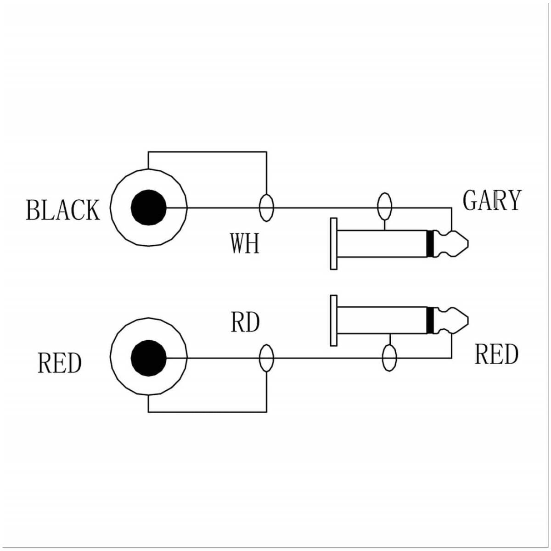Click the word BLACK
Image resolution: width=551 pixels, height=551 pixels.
coord(62,210)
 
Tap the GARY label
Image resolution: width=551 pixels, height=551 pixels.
coord(492,200)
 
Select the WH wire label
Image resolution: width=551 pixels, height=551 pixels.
coord(244,243)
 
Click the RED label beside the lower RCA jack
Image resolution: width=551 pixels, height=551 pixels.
coord(59,363)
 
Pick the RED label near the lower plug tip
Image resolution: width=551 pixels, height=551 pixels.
coord(496,354)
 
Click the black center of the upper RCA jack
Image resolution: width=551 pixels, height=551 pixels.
coord(148,208)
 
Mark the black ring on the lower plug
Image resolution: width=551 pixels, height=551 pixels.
coord(430,320)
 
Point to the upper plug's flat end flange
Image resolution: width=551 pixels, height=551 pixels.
coord(334,243)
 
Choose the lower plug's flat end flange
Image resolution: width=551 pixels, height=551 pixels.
coord(334,320)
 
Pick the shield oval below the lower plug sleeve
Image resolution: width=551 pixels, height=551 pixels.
coord(389,358)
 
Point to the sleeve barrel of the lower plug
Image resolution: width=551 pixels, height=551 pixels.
coord(381,320)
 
